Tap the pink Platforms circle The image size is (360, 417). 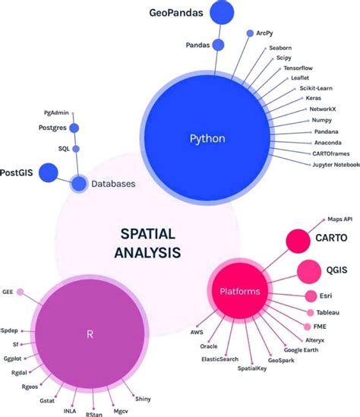(x=239, y=291)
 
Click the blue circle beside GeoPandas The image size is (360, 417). (x=222, y=13)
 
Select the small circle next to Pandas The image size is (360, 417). (x=219, y=45)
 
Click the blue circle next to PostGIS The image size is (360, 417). (x=49, y=172)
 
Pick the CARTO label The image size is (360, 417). (x=331, y=238)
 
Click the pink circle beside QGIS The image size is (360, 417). (x=308, y=269)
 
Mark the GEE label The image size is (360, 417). (x=8, y=291)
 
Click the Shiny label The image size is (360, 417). (x=142, y=398)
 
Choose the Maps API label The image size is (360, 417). (x=338, y=218)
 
